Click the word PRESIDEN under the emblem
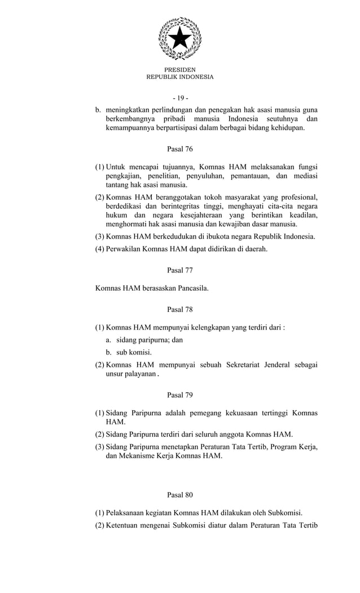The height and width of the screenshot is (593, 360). [x=180, y=69]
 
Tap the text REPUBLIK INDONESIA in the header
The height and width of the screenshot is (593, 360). [x=180, y=77]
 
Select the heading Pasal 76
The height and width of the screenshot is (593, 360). [x=180, y=149]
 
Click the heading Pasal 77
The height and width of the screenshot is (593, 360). [x=180, y=270]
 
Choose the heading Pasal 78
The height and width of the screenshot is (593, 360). [x=180, y=309]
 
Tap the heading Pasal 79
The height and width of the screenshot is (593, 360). [x=180, y=395]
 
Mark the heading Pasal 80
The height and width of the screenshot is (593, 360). [x=180, y=495]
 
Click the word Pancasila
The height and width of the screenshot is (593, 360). [x=190, y=288]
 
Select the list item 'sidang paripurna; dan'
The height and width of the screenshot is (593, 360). [x=150, y=340]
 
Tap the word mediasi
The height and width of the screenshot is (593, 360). [x=304, y=175]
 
